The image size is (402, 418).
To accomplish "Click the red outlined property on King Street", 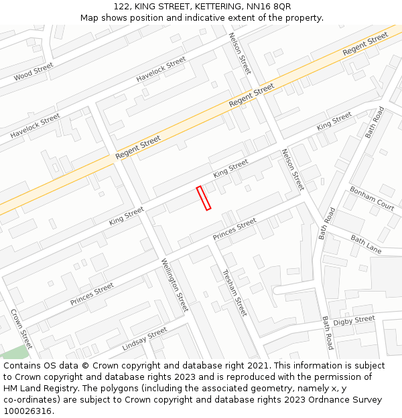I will coord(204,198).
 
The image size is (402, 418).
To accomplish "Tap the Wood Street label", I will coord(33,72).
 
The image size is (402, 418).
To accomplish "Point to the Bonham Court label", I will coord(371,199).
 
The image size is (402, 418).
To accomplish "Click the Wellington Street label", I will coord(175,285).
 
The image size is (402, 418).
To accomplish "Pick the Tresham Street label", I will coord(234,292).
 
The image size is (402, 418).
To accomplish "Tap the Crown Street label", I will coord(21,329).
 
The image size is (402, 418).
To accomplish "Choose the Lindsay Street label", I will coord(145,339).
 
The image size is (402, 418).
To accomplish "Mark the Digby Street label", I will coord(354,321).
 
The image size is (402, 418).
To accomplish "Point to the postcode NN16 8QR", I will coord(269,6).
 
